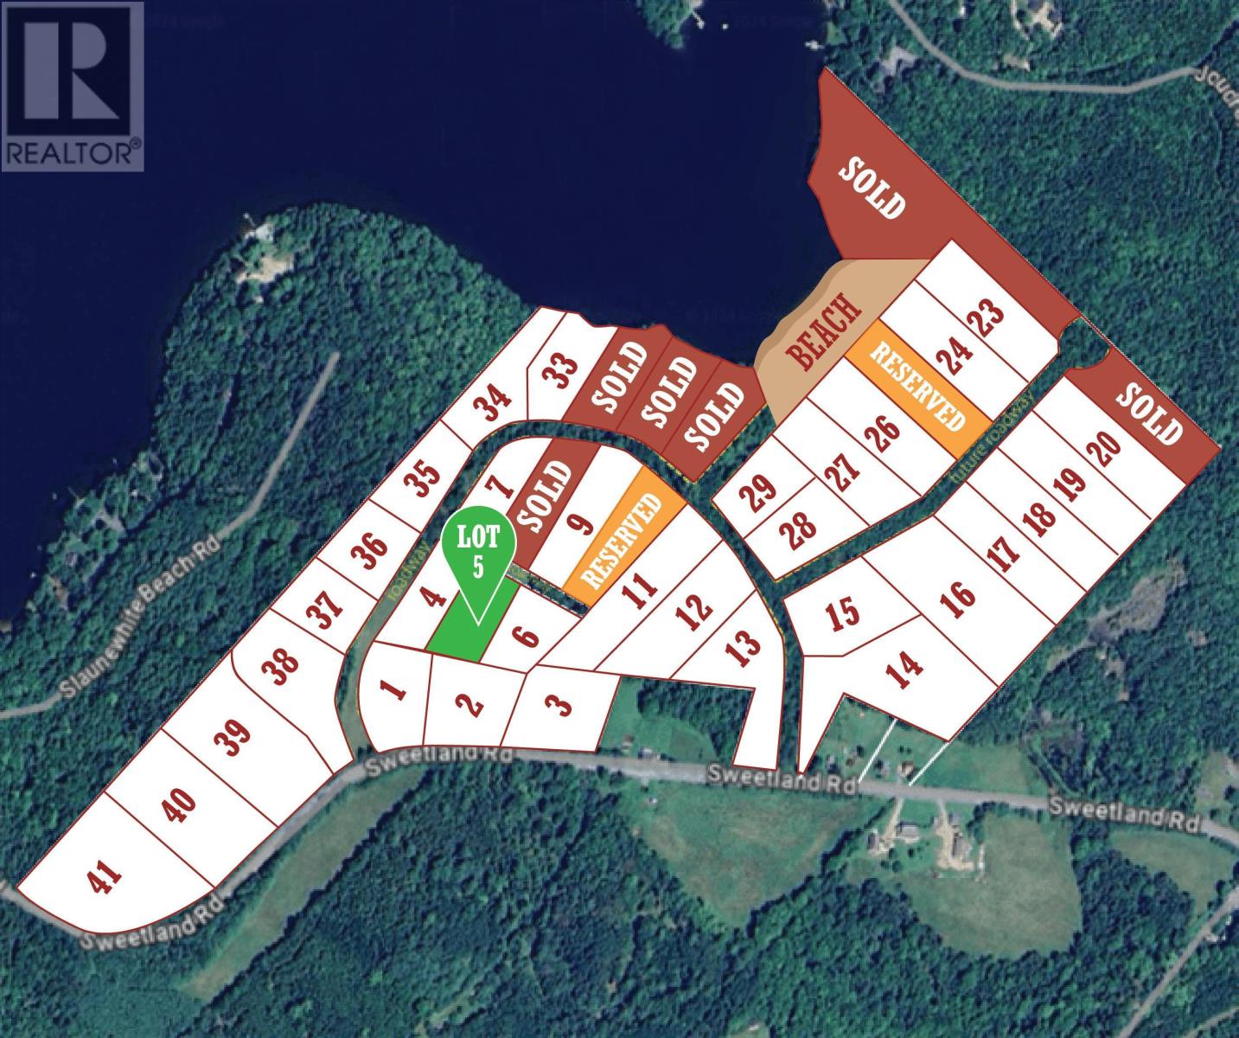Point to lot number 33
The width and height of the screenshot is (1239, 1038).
click(562, 375)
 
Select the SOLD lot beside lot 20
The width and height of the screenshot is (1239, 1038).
click(1149, 413)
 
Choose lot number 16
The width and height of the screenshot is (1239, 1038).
click(961, 596)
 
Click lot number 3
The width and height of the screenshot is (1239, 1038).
click(560, 707)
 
